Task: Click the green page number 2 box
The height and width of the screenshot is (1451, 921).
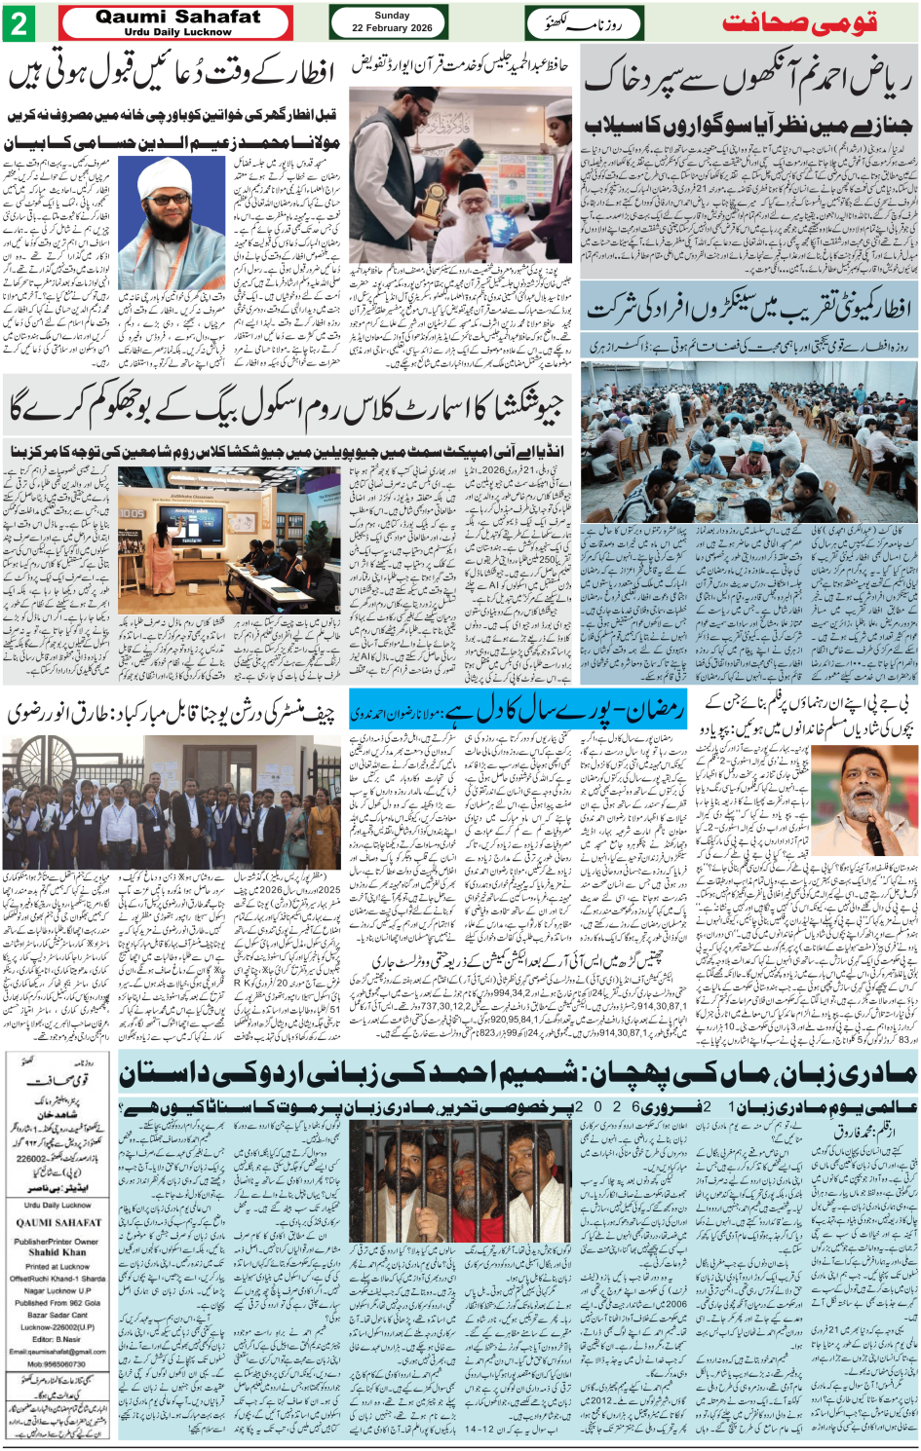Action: (19, 23)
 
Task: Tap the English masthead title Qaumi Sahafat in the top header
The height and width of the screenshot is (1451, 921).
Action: (178, 17)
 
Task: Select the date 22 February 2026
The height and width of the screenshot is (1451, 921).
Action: (392, 28)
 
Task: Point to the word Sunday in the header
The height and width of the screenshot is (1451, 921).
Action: (392, 16)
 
